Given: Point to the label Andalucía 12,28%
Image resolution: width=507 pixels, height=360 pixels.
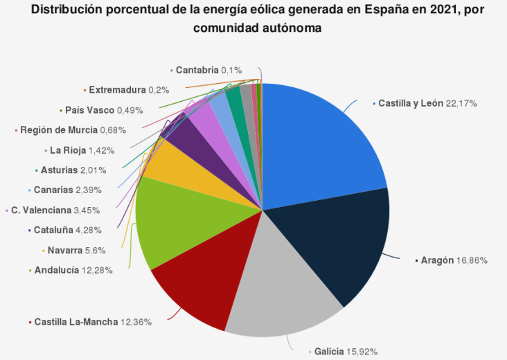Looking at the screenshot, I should [x=73, y=271].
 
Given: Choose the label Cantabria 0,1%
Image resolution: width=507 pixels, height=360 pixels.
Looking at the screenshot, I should [x=208, y=70].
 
